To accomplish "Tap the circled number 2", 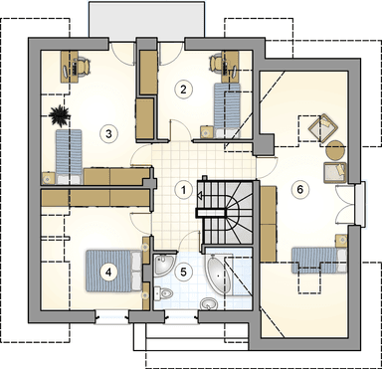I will [x=183, y=89].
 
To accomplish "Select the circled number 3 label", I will [x=107, y=131].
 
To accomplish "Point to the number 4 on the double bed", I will [x=109, y=269].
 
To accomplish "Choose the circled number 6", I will [x=297, y=187].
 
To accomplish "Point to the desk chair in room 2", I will [x=220, y=62].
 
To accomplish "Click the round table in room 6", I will [x=333, y=152].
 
